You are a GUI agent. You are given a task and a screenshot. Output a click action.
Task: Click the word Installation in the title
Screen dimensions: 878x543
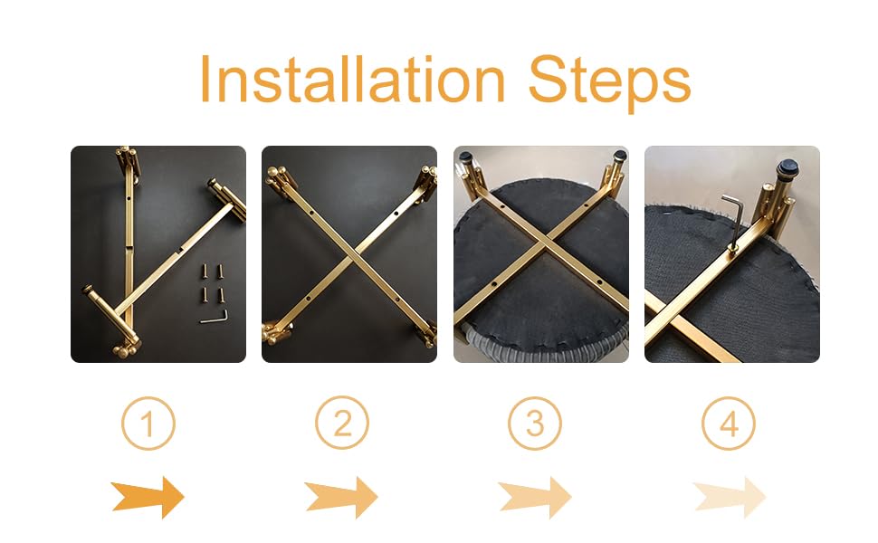click(x=352, y=79)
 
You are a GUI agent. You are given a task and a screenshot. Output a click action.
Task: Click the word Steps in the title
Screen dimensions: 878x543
click(x=610, y=83)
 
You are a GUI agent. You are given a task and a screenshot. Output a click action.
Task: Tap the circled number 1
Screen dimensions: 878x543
click(x=148, y=424)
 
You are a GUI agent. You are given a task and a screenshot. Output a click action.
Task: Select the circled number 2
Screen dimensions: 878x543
click(x=341, y=424)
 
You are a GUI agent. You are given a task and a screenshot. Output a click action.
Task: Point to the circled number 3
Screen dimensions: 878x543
click(x=535, y=424)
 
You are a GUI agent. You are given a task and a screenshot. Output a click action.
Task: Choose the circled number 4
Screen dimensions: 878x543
click(x=729, y=424)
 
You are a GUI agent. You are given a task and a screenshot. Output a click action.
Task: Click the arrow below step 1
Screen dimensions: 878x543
click(x=148, y=497)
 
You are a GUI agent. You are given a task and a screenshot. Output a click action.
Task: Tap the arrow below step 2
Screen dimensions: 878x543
click(x=341, y=497)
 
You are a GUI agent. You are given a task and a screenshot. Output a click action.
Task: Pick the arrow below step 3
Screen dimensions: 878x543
click(x=535, y=497)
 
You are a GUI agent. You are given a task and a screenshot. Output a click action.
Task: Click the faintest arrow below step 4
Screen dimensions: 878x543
click(x=730, y=497)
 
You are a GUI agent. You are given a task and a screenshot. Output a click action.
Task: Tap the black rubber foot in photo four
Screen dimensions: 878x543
click(x=787, y=167)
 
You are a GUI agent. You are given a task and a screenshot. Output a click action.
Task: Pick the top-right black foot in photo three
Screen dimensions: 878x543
click(x=620, y=155)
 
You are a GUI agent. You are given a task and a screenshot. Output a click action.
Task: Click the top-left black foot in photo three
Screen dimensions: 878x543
click(x=465, y=157)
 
